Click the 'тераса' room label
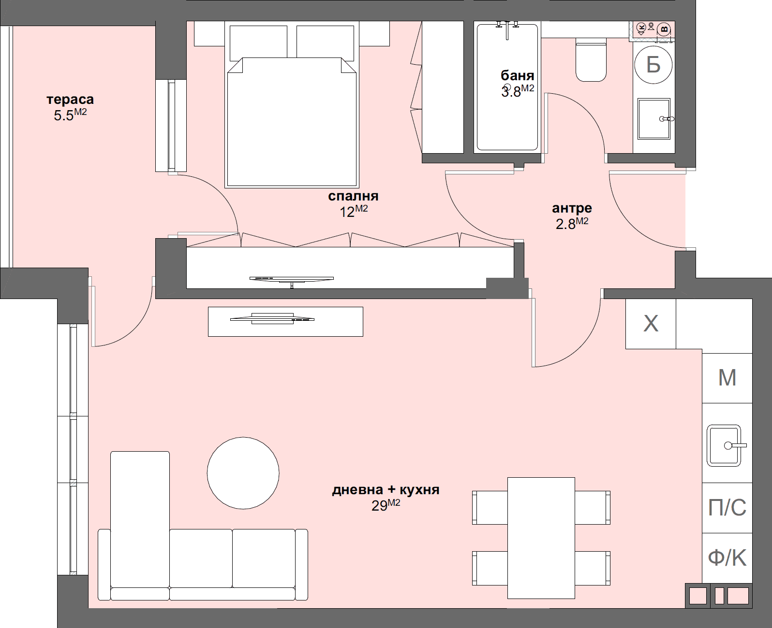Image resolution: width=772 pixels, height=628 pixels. point(70,100)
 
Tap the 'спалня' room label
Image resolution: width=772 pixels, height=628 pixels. point(353,196)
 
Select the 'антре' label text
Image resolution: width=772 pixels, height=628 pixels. point(572,208)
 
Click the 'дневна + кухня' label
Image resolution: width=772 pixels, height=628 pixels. point(386,490)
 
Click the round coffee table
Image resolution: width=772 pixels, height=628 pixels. point(243,473)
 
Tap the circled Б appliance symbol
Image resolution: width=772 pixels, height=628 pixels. point(653,64)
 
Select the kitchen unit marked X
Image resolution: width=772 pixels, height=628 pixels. point(651,324)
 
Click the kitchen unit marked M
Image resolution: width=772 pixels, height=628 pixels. point(727,378)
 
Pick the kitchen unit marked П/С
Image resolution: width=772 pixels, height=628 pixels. point(727,508)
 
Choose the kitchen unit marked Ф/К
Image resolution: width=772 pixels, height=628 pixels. point(727,558)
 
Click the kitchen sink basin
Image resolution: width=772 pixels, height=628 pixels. point(723,445)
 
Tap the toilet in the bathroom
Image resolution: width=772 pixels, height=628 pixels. point(591,62)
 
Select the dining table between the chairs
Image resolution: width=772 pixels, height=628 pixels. point(541,538)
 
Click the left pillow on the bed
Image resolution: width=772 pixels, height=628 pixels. point(258,42)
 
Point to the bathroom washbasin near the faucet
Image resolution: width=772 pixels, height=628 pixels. point(653,119)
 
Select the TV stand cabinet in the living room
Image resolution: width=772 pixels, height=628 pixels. point(285,322)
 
